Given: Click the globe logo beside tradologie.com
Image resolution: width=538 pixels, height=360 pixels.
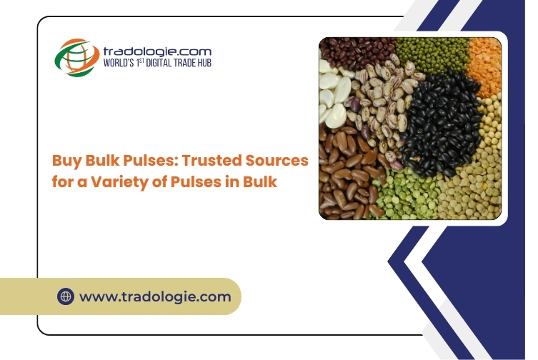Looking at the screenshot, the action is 77,57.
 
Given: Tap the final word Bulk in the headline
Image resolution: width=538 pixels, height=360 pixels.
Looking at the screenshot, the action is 260,181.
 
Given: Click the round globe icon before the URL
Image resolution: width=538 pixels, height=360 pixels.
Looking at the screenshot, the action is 66,296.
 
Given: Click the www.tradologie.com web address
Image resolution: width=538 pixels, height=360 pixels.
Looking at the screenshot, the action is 155,296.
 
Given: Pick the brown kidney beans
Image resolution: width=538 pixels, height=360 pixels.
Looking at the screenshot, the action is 347,171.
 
